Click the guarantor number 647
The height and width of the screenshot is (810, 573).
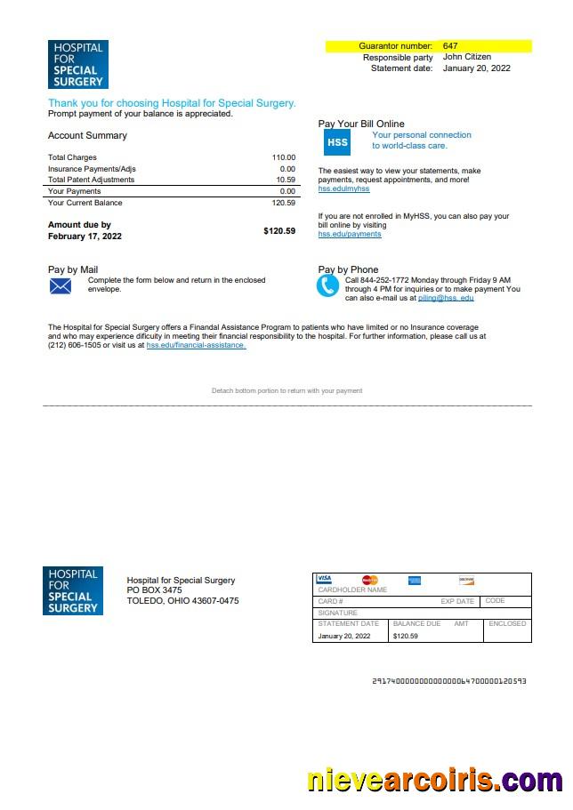450,45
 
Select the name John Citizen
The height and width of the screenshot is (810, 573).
466,57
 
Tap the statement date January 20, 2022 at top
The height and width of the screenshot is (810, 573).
476,68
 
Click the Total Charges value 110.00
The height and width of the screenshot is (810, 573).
284,157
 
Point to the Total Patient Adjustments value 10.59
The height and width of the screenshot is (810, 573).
286,180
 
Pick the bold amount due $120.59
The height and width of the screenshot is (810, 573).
279,231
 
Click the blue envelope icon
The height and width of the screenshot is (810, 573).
61,286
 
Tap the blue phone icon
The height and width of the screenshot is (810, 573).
328,285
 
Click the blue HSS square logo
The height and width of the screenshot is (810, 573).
337,142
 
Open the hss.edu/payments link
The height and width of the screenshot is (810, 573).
350,234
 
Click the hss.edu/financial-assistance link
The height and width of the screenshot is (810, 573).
196,345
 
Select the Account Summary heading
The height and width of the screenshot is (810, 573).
87,136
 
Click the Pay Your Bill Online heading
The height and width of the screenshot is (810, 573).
361,124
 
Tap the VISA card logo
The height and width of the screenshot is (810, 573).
324,579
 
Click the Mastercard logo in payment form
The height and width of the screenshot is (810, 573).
369,581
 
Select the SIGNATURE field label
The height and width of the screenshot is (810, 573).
337,613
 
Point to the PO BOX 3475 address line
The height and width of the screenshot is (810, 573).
155,590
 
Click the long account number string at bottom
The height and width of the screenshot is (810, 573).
448,681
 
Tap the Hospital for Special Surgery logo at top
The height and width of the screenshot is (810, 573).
77,64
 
